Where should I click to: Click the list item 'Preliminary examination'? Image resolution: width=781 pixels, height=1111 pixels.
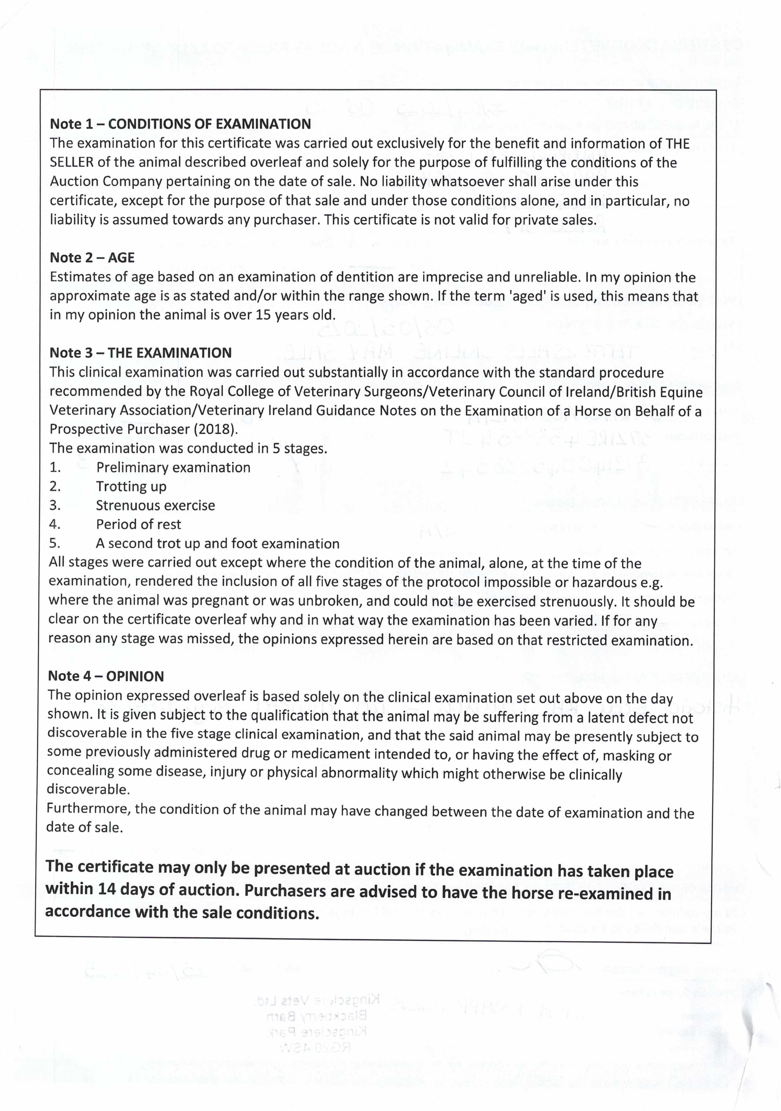[x=173, y=468]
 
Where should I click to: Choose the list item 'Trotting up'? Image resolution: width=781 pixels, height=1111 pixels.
[x=131, y=486]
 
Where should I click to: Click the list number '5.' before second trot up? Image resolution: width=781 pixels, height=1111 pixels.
[x=55, y=544]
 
